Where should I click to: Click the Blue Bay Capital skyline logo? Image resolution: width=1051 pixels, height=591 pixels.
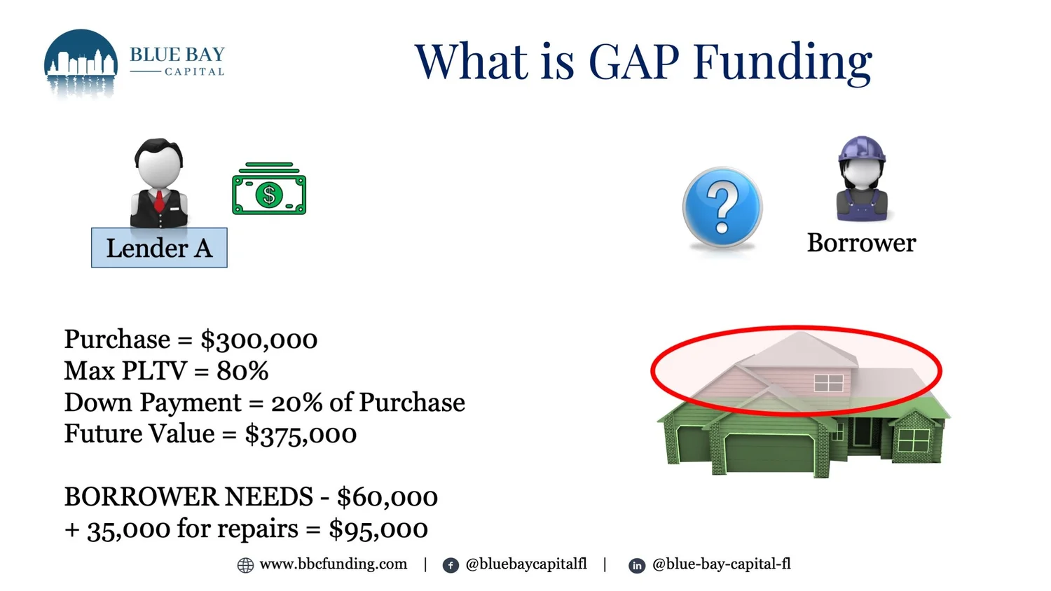click(x=81, y=63)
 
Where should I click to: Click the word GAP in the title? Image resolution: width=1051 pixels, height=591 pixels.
click(x=633, y=62)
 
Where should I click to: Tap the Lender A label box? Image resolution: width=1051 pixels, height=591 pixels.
click(x=159, y=248)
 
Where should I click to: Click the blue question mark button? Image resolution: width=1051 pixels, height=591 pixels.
click(x=722, y=207)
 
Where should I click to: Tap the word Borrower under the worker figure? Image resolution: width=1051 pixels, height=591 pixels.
click(x=861, y=243)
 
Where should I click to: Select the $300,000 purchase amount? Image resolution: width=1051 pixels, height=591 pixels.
click(x=259, y=340)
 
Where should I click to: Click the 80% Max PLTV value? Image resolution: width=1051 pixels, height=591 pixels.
click(x=242, y=371)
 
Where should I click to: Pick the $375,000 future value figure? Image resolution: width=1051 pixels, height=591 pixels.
click(x=301, y=434)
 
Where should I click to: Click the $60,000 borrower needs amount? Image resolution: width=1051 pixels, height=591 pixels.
click(x=387, y=497)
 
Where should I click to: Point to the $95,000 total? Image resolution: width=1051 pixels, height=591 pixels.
click(x=378, y=529)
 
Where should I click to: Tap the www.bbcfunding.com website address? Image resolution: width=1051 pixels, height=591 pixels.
click(x=333, y=564)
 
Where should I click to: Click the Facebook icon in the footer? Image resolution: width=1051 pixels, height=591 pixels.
click(x=451, y=565)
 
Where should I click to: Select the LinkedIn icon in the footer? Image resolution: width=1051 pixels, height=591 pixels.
click(x=636, y=565)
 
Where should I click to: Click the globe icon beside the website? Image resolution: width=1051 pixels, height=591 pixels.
click(x=245, y=565)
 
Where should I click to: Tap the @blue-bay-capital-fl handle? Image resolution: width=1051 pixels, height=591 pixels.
click(x=721, y=564)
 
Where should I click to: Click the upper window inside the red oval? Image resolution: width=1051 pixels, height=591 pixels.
click(x=828, y=382)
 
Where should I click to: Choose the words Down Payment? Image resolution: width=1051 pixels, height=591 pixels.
click(x=153, y=403)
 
